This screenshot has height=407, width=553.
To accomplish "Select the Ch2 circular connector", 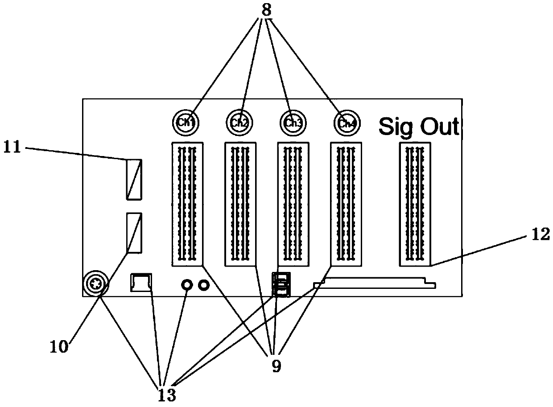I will [x=239, y=122].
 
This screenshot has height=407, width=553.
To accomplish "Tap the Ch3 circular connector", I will [x=293, y=122].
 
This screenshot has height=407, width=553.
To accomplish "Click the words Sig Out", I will [x=418, y=127].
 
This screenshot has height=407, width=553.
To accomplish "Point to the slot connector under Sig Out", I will [x=415, y=204].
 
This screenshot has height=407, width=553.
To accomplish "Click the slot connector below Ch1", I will [x=187, y=204].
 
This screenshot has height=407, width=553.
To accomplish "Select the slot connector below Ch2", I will [x=240, y=204].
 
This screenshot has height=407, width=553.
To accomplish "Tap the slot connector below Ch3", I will [x=293, y=204].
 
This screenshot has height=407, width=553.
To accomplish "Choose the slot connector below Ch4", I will [x=346, y=204].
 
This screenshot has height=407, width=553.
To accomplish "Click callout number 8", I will [x=266, y=10].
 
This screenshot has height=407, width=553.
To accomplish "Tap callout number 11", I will [x=12, y=146].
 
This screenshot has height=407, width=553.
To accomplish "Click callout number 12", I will [x=541, y=234].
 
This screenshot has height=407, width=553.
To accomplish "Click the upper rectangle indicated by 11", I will [x=134, y=179].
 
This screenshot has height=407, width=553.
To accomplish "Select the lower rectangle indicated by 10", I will [x=134, y=233].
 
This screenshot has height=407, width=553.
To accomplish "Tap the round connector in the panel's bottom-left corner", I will [x=94, y=283].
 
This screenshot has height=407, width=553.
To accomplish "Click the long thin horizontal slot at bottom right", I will [x=375, y=284].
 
